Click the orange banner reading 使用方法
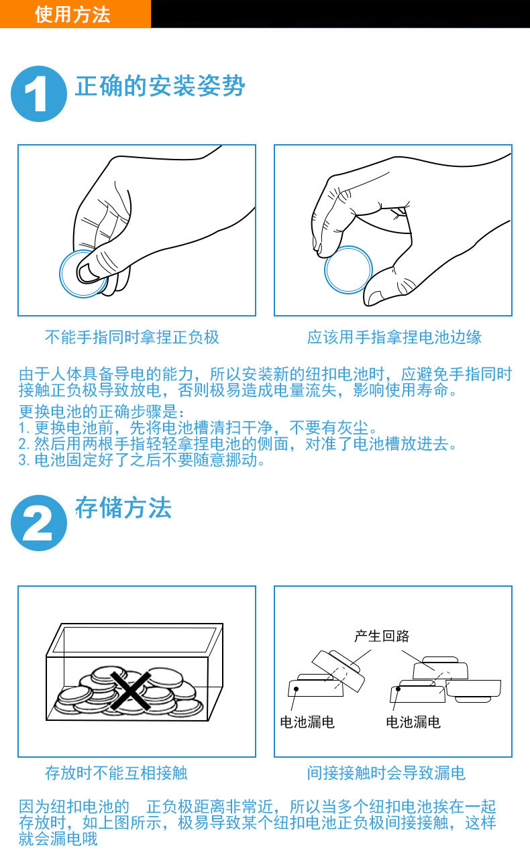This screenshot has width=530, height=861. coord(75,14)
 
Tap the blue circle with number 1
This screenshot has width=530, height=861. coord(39,94)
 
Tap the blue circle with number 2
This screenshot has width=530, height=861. coord(39,523)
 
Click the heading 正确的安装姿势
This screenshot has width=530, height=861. coord(160,86)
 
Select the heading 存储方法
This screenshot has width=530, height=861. coord(123,508)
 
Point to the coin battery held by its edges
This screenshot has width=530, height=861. coord(348,270)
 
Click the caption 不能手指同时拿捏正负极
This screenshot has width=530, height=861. coord(132,337)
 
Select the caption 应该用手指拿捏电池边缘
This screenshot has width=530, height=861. coord(394,337)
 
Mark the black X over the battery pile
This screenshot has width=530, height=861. coord(131,690)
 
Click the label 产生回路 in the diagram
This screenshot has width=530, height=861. coord(382,636)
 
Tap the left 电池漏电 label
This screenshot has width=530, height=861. coord(307,722)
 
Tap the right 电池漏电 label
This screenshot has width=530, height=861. coord(413,722)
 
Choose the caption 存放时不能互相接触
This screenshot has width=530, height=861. coord(116,773)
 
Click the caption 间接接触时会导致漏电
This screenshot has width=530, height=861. coord(386,773)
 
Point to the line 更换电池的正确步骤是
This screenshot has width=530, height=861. coord(101,412)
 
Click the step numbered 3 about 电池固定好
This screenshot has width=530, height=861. coord(142,460)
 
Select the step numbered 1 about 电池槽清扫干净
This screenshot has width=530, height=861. coord(198,428)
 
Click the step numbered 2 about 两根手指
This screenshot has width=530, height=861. coord(237,444)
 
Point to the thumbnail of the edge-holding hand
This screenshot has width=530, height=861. coord(393,230)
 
